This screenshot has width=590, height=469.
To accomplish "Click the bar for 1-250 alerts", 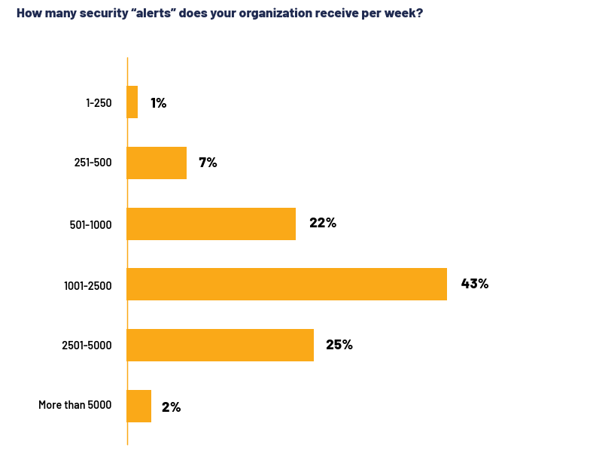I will click(132, 102).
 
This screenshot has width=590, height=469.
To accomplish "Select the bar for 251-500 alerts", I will click(157, 163).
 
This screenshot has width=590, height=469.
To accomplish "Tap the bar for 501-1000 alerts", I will click(211, 224).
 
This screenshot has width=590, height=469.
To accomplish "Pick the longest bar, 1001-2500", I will click(287, 284).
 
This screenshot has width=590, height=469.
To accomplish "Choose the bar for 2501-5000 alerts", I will click(220, 345).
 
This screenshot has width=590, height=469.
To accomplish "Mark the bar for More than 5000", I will click(139, 406).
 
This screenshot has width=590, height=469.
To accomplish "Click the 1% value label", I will click(158, 103).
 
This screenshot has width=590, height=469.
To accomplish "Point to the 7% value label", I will click(208, 163).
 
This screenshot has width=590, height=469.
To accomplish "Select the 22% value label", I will click(322, 223).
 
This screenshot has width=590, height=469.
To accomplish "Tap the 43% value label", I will click(474, 284).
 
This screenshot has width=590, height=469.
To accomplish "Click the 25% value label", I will click(339, 345).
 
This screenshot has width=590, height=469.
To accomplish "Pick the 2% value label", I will click(171, 407).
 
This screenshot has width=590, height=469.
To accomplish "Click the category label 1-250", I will click(99, 103).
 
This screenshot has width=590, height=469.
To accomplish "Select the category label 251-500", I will click(93, 163).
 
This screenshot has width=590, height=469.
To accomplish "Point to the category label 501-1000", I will click(90, 224).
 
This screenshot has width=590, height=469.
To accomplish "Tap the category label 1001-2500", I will click(87, 285).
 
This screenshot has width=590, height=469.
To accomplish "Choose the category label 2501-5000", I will click(87, 346).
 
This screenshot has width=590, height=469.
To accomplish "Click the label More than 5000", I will click(75, 405).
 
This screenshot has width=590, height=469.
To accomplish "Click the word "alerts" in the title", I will click(142, 13).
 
